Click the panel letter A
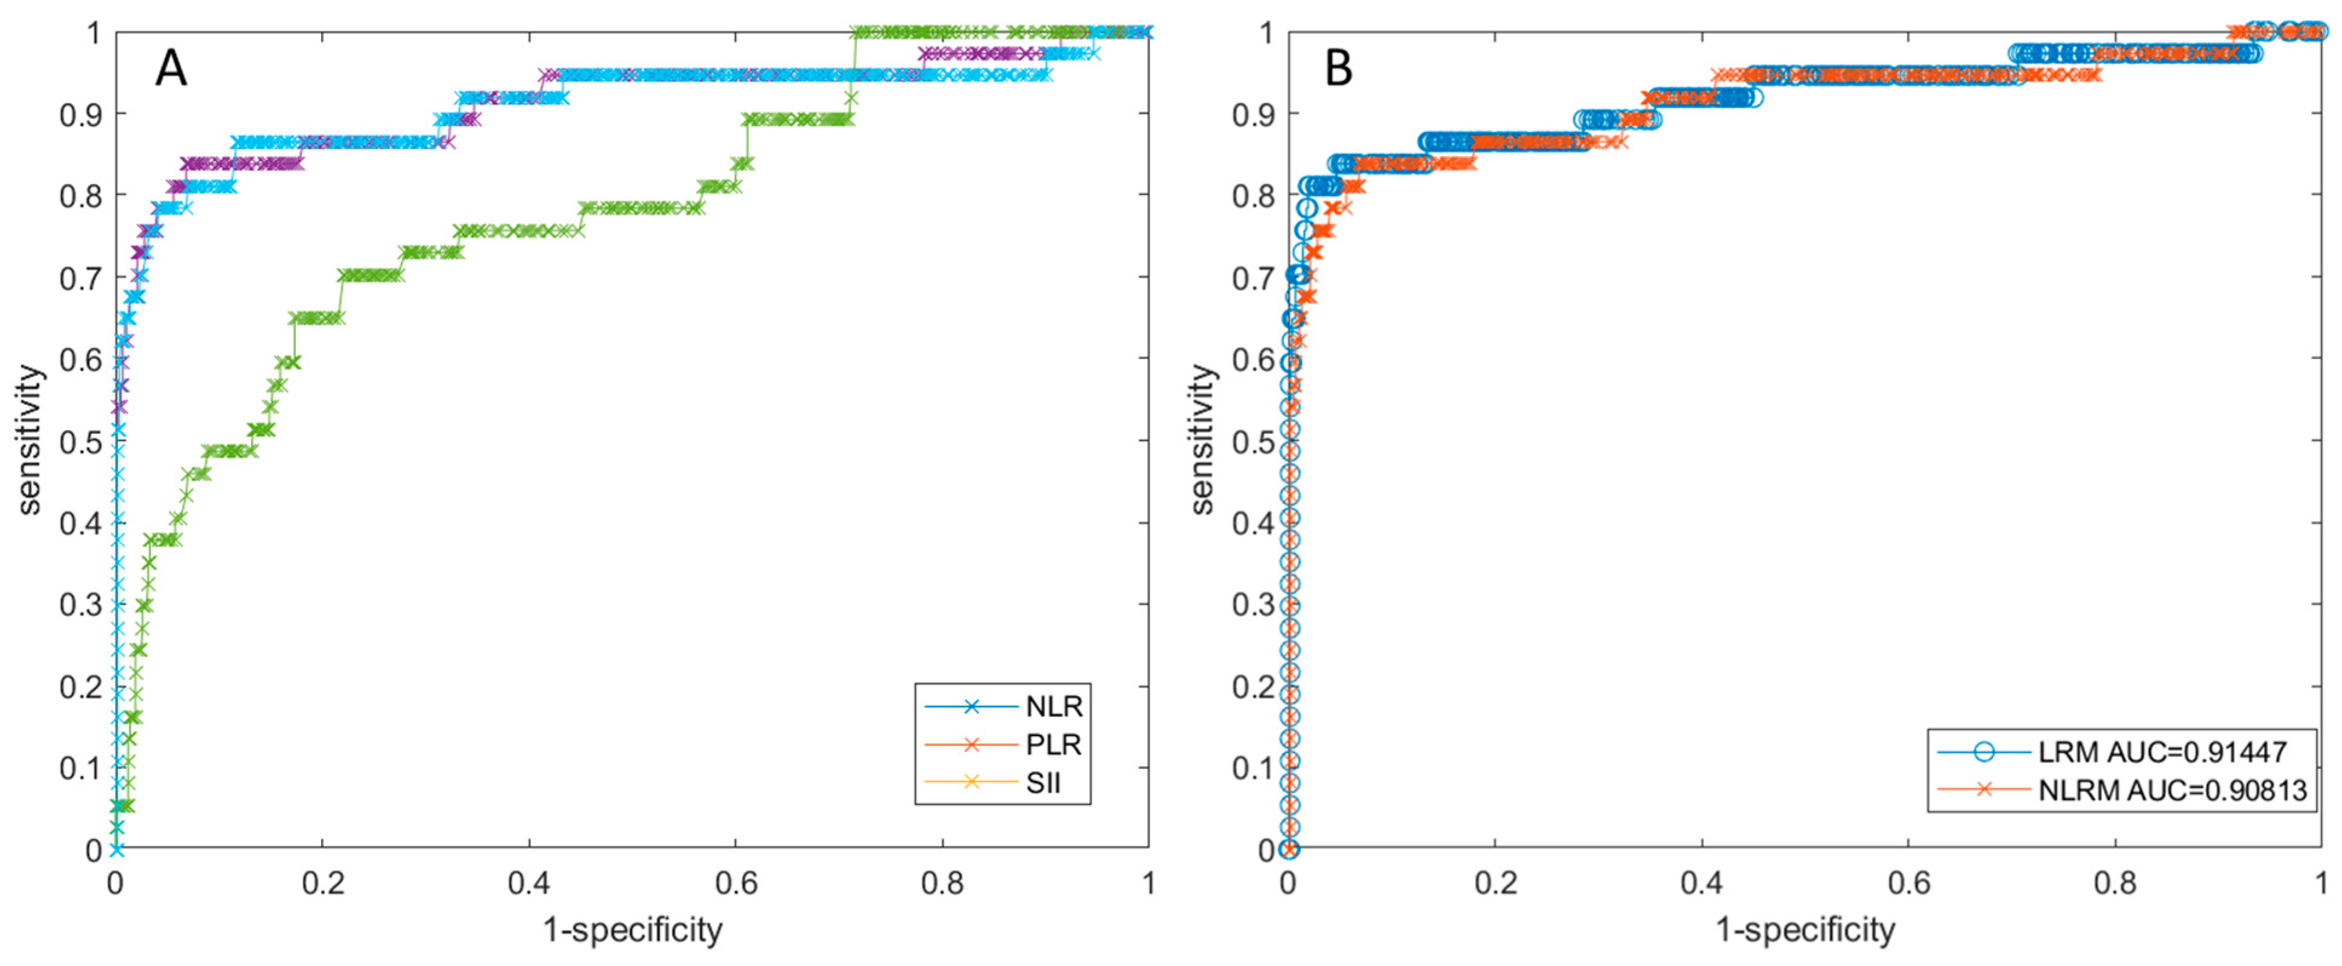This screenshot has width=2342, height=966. click(171, 68)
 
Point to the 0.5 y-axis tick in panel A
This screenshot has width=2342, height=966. click(80, 441)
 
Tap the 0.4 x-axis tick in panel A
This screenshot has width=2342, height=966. click(529, 883)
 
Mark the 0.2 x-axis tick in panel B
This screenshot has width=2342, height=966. click(1495, 883)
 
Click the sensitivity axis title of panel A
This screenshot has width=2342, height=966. click(30, 440)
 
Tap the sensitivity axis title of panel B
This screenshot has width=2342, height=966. click(1202, 440)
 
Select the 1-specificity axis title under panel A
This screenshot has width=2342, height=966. click(633, 930)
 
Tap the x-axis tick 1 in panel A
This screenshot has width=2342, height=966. click(1148, 883)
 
